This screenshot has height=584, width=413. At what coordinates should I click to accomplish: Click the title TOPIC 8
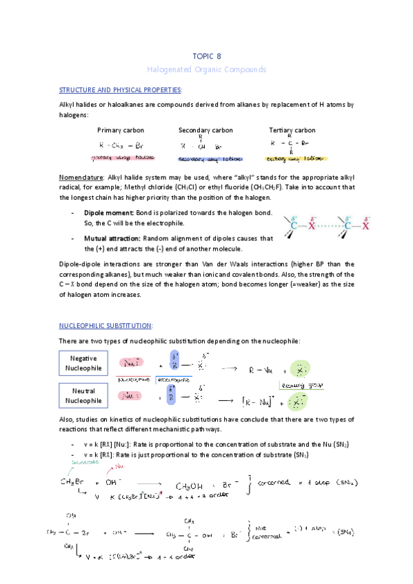tap(206, 56)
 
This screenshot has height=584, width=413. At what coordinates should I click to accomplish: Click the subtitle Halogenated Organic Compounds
tap(206, 70)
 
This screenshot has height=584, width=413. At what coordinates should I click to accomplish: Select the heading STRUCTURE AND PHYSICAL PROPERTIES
tap(121, 90)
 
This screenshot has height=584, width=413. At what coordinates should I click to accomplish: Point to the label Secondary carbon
tap(205, 130)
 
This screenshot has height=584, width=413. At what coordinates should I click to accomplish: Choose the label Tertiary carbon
tap(292, 130)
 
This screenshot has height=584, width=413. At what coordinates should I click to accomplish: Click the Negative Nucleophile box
tap(83, 364)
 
